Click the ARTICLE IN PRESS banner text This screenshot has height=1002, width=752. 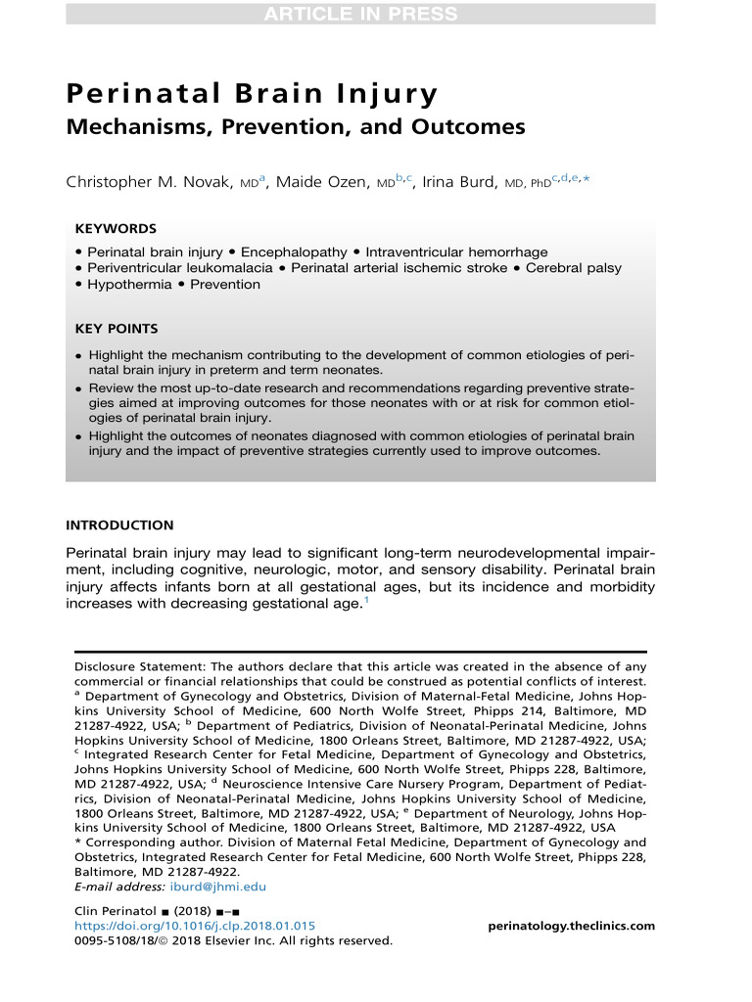360,14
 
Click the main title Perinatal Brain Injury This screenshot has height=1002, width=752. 252,95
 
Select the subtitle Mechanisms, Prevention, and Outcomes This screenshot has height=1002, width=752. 295,127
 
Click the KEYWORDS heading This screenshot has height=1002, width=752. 116,228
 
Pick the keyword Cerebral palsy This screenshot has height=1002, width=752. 567,268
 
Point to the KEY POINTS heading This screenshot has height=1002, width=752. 117,330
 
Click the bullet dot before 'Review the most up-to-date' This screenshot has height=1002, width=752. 79,388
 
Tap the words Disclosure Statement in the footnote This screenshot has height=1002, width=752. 133,665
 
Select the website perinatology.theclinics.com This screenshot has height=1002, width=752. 571,926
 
